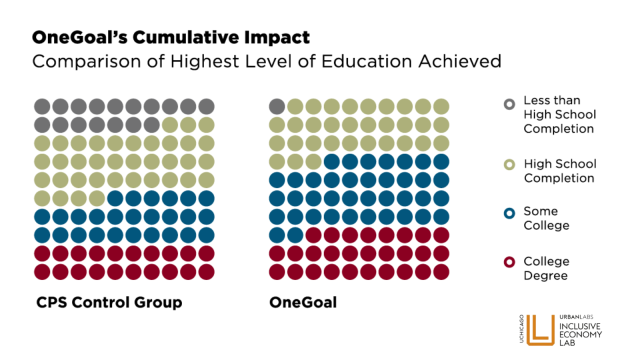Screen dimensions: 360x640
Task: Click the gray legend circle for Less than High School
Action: (510, 103)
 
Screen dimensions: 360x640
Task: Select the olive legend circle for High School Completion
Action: (510, 164)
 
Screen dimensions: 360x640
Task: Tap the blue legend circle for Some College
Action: (510, 212)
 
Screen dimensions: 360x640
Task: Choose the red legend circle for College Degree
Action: (510, 261)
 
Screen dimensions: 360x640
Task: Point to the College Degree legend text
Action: (552, 268)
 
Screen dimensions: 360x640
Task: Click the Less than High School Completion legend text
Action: (559, 115)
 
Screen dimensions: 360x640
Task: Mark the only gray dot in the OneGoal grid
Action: (278, 106)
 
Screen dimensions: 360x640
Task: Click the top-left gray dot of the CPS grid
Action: (42, 106)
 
